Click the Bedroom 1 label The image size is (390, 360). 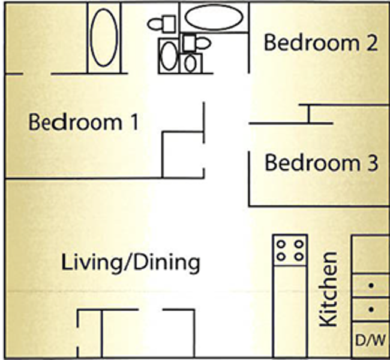[83, 122]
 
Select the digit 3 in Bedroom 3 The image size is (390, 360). [371, 163]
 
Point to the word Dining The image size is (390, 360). [167, 262]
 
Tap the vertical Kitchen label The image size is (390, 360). [329, 289]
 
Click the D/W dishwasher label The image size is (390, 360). [371, 340]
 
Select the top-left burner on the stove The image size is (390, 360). [281, 244]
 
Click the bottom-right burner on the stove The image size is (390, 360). [299, 256]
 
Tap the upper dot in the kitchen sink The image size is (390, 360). [371, 286]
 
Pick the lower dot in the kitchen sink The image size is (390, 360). [371, 310]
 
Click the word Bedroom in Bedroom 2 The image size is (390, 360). [311, 43]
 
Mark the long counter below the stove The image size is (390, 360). [290, 311]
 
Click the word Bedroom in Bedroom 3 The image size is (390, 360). [313, 163]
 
